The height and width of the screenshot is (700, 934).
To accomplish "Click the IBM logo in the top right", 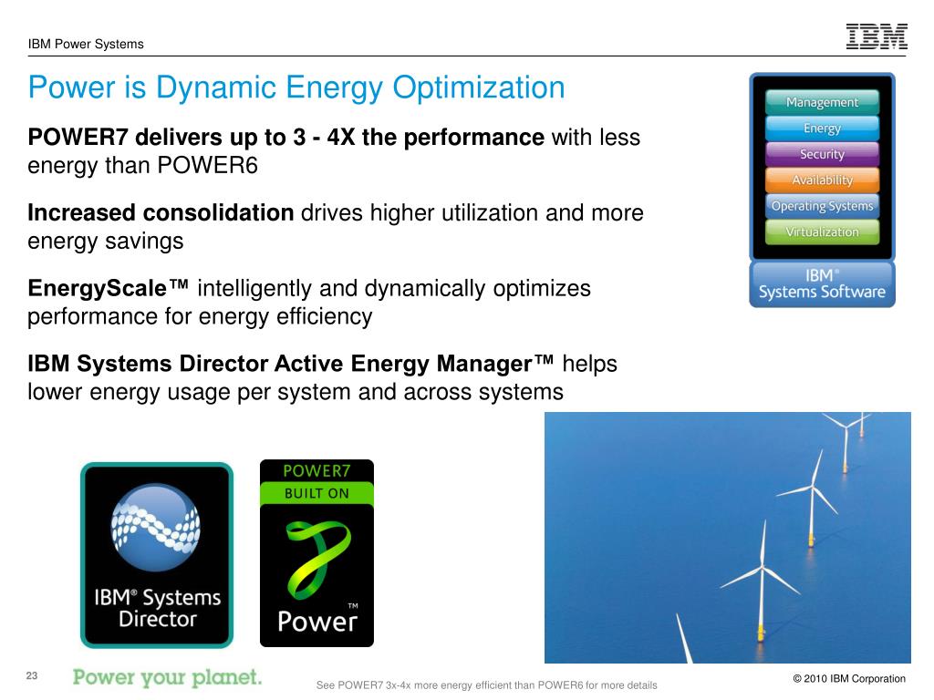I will click(x=877, y=36).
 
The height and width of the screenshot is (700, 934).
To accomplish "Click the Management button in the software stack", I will click(x=822, y=102).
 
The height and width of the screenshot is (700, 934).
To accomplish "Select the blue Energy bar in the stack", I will click(x=822, y=129).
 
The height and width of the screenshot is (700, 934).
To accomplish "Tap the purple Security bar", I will click(x=822, y=154).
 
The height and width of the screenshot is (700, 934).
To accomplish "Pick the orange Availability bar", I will click(x=822, y=180).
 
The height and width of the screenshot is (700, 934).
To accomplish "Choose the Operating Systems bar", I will click(x=822, y=206).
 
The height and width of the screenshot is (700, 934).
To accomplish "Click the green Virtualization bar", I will click(x=822, y=232).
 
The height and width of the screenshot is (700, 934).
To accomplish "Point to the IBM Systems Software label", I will click(x=822, y=283).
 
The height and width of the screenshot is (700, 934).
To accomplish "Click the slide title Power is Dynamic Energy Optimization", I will click(x=296, y=88).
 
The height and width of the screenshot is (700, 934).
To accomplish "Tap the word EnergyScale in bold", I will click(x=108, y=289).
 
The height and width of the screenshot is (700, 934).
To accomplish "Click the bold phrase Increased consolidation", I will click(x=161, y=213).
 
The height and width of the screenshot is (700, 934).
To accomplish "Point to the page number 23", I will click(x=32, y=675).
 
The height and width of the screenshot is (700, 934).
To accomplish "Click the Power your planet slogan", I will click(x=167, y=677).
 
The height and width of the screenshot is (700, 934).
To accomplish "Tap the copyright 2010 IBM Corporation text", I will click(x=848, y=678).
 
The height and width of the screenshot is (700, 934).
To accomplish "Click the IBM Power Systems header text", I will click(x=86, y=44).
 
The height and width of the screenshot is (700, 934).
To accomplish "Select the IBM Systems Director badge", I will click(x=157, y=555).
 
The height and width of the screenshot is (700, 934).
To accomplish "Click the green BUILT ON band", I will click(x=317, y=493).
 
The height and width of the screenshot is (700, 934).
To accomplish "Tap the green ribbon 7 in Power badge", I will click(x=314, y=557).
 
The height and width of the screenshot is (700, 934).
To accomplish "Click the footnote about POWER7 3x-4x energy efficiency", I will click(x=485, y=685).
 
